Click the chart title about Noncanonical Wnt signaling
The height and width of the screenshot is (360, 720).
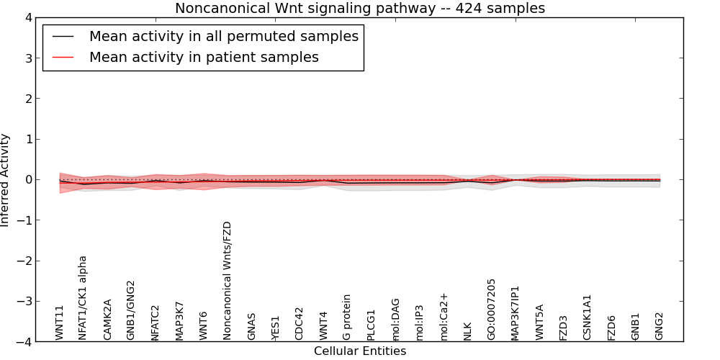point(360,8)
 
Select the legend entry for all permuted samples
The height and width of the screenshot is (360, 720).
point(223,36)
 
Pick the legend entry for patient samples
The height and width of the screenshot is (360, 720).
point(204,57)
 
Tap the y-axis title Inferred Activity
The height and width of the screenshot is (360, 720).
point(6,180)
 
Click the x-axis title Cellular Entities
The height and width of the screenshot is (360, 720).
point(360,351)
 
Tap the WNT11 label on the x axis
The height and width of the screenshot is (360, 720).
point(60,322)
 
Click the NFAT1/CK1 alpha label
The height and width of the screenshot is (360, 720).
point(83,297)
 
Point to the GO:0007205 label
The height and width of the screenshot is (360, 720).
point(492,309)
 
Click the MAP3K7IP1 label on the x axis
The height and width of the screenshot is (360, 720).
point(516,312)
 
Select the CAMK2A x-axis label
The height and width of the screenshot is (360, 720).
point(107,319)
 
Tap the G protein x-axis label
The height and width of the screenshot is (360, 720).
point(347,317)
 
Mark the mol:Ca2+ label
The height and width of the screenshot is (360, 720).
point(444,316)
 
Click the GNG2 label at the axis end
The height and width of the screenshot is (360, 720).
point(660,325)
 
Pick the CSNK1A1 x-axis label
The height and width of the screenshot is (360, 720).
point(588,317)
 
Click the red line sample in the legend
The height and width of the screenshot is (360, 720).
point(63,58)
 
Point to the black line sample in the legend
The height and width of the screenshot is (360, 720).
point(63,37)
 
